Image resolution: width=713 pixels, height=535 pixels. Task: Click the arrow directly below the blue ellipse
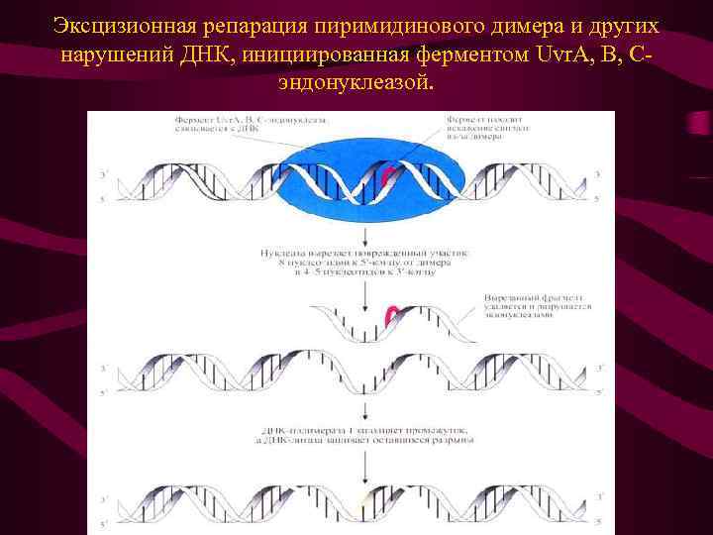coord(366,236)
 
